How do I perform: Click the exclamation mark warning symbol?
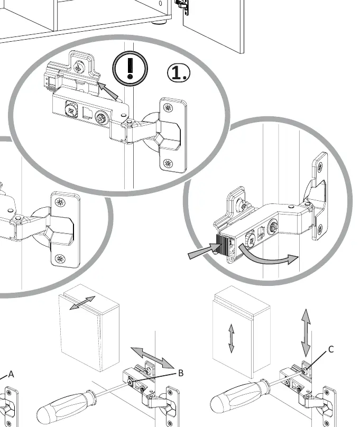(130, 68)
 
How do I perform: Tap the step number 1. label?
(179, 73)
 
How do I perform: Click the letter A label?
(11, 374)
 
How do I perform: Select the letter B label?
(181, 373)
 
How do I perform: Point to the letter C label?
(331, 349)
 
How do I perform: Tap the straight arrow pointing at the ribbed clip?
(204, 251)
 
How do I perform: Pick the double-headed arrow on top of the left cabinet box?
(82, 303)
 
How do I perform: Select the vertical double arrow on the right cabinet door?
(231, 338)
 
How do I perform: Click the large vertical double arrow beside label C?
(306, 333)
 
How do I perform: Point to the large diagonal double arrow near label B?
(152, 358)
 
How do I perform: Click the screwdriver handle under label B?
(66, 406)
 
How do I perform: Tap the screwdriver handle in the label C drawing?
(239, 395)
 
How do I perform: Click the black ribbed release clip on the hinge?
(223, 244)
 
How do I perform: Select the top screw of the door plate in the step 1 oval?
(168, 108)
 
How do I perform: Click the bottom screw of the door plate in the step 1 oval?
(168, 164)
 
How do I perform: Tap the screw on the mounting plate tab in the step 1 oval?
(79, 67)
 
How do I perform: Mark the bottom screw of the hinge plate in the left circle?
(60, 258)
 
